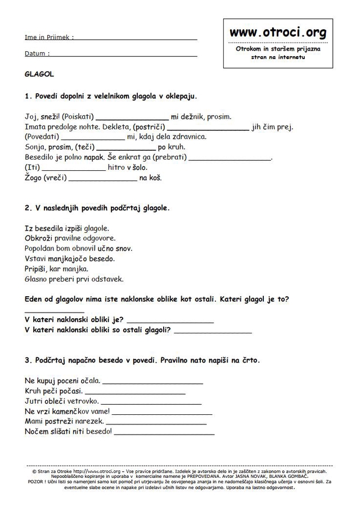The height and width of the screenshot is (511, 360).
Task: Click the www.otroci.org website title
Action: tap(277, 33)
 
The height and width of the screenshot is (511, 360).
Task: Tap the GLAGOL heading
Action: tap(39, 74)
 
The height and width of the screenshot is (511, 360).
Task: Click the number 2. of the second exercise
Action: tap(28, 208)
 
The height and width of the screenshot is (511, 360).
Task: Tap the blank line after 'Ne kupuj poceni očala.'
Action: tap(152, 382)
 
